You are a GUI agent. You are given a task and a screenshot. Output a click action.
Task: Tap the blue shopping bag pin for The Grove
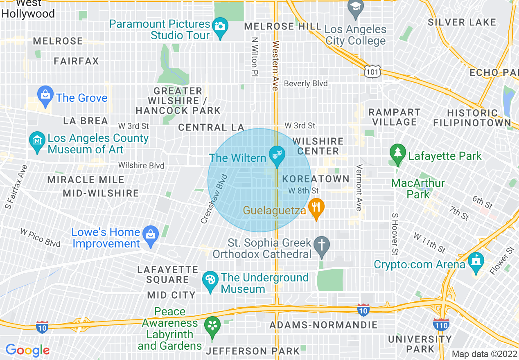pos(45,95)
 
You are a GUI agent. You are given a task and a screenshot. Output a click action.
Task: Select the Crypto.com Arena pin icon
pos(476,262)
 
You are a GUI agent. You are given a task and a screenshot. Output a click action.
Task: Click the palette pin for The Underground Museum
pos(210,281)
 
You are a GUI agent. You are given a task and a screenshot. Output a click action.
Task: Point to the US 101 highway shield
pos(372,72)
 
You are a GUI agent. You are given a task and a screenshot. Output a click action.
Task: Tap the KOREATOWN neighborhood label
pos(316,179)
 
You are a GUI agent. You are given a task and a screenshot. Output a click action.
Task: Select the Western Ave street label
pos(275,65)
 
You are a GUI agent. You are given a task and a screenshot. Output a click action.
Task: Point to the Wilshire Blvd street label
pos(141,165)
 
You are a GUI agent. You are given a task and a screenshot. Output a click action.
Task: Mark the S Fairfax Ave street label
pos(16,187)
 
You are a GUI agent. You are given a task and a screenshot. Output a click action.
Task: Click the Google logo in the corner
pos(27,350)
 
